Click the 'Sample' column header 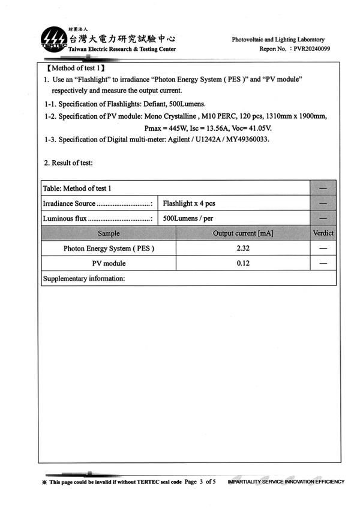109,233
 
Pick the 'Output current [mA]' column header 243,233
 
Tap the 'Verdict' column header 323,233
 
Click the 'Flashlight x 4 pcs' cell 189,203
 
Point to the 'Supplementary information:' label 84,278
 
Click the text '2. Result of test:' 68,163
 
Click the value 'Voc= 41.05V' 254,127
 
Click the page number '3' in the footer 201,482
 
